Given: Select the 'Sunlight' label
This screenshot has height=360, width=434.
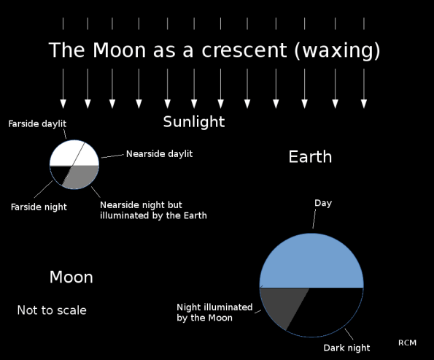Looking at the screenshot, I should [193, 121].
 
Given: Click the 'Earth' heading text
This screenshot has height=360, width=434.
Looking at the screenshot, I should [310, 157].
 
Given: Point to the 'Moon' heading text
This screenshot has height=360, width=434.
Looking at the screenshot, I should [71, 277].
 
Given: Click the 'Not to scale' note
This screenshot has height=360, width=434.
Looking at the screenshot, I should [52, 310].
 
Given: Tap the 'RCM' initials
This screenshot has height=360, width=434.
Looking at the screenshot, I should [408, 343].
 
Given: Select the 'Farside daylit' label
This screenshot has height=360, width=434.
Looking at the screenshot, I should [37, 123].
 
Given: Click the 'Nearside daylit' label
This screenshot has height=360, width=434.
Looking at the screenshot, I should [159, 153].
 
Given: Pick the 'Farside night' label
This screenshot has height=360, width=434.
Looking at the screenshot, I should [39, 207].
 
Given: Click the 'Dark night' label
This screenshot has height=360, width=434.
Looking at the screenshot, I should [346, 348].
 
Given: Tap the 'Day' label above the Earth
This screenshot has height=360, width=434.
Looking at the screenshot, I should [322, 203].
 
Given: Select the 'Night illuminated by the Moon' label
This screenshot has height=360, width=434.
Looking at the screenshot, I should [214, 312].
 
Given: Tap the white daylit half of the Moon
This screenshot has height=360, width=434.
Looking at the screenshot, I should [73, 153].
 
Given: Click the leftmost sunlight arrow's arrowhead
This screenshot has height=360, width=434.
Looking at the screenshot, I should [63, 104].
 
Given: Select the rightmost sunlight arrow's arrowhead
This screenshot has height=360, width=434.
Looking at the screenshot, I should [363, 104].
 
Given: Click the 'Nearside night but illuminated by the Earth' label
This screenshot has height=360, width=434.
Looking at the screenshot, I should [153, 210].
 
